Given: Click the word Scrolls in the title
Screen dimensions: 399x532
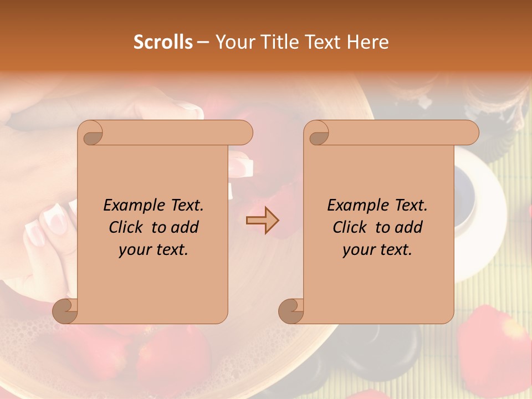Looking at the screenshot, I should [x=163, y=42].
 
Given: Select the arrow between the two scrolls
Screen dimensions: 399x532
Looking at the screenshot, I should [x=262, y=221].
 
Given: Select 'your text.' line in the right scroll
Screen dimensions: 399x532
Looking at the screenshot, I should [x=377, y=250].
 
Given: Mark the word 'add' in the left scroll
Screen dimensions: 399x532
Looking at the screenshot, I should [x=186, y=227].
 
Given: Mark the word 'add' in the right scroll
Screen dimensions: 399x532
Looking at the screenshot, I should [x=410, y=227].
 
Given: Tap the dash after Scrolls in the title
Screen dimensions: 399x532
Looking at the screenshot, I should [x=203, y=42].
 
